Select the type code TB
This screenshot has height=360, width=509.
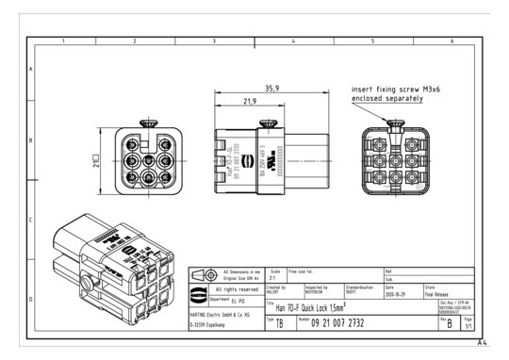coord(274,323)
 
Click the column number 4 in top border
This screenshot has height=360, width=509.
coord(294,42)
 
